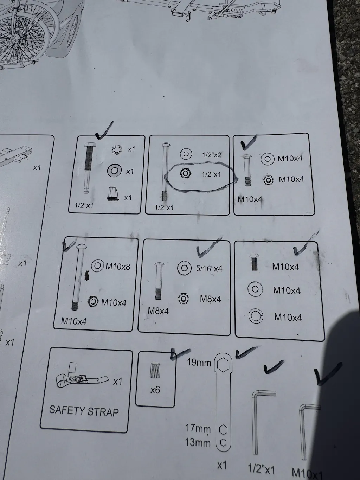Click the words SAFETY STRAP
pyautogui.click(x=84, y=411)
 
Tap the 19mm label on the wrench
pyautogui.click(x=199, y=363)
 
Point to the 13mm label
pyautogui.click(x=198, y=443)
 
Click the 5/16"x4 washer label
pyautogui.click(x=209, y=268)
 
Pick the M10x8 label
pyautogui.click(x=118, y=267)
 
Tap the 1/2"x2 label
pyautogui.click(x=212, y=155)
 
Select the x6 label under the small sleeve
pyautogui.click(x=155, y=390)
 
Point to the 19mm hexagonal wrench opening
pyautogui.click(x=223, y=365)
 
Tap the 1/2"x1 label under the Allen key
pyautogui.click(x=262, y=469)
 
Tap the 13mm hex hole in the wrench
pyautogui.click(x=223, y=443)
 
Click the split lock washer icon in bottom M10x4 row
pyautogui.click(x=256, y=316)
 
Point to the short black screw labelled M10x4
pyautogui.click(x=254, y=262)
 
